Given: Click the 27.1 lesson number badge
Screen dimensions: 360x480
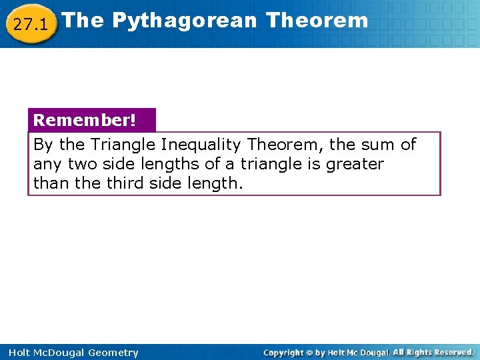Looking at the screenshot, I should pos(30,25).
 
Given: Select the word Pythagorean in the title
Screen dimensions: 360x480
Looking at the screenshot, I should pos(184,20).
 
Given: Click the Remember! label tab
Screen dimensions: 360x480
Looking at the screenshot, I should pos(85,120).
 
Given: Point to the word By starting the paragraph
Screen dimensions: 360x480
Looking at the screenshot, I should pos(43,145).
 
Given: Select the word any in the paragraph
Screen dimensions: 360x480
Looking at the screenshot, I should pos(46,164).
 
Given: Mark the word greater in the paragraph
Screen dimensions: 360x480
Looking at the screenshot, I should pos(355,164).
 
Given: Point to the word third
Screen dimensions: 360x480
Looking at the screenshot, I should pos(121,183).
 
